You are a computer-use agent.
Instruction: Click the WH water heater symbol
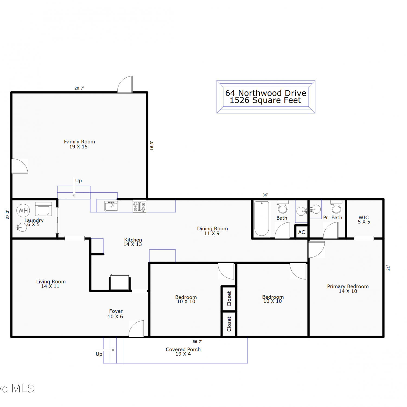coord(23,210)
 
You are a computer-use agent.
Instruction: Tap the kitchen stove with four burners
coord(139,206)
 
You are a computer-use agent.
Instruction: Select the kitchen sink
coord(111,206)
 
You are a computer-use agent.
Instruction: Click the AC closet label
coord(301,232)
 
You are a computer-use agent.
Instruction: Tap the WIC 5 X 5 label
coord(364,220)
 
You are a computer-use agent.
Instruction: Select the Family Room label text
coord(80,142)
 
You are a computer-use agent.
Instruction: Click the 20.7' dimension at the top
coord(79,88)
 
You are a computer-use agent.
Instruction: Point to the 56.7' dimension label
coord(197,342)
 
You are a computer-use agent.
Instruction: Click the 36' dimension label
coord(265,195)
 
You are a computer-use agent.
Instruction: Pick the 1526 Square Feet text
coord(265,100)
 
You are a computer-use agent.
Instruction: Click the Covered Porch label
coord(183,349)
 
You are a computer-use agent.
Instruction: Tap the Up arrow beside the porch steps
coord(105,350)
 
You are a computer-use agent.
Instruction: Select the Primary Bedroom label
coord(348,286)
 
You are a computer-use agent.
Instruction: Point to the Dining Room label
coord(212,229)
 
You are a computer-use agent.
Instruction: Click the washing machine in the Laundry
coord(43,209)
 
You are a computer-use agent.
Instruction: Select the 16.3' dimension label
coord(152,146)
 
